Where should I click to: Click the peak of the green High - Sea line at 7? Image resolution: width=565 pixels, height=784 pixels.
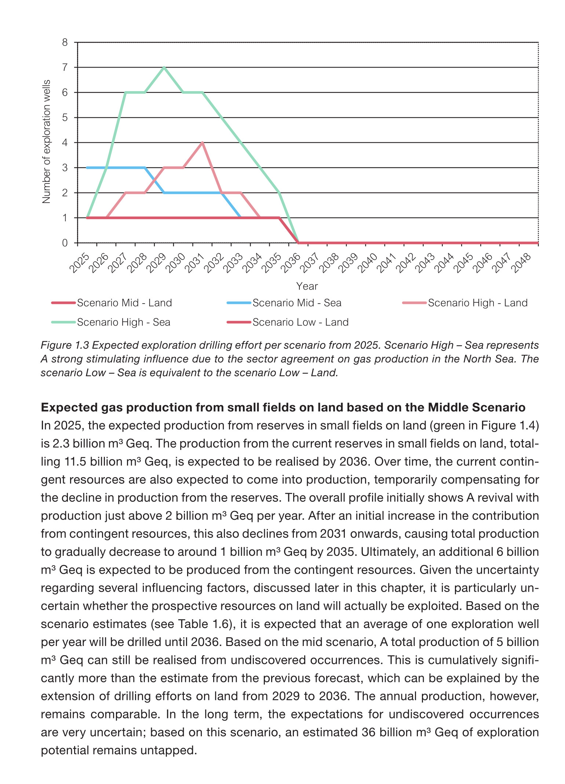164,68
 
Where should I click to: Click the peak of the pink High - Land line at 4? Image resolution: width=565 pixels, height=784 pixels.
202,143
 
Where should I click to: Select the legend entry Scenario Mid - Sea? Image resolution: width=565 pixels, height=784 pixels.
296,303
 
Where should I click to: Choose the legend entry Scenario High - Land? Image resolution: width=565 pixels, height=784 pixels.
477,303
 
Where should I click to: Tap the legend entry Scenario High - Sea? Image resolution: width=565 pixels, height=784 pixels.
123,322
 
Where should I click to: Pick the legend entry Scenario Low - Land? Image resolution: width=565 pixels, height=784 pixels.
300,322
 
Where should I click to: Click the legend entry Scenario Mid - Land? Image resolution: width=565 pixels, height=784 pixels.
124,303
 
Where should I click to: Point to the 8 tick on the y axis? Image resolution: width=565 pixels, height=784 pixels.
65,43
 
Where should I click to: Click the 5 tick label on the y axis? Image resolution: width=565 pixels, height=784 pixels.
65,118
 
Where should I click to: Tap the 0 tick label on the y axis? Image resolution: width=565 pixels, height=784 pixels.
65,243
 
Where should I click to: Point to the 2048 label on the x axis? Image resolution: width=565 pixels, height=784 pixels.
521,263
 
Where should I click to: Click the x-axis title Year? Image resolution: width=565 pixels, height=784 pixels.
307,286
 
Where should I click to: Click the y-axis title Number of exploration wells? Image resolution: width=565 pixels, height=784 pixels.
47,142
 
